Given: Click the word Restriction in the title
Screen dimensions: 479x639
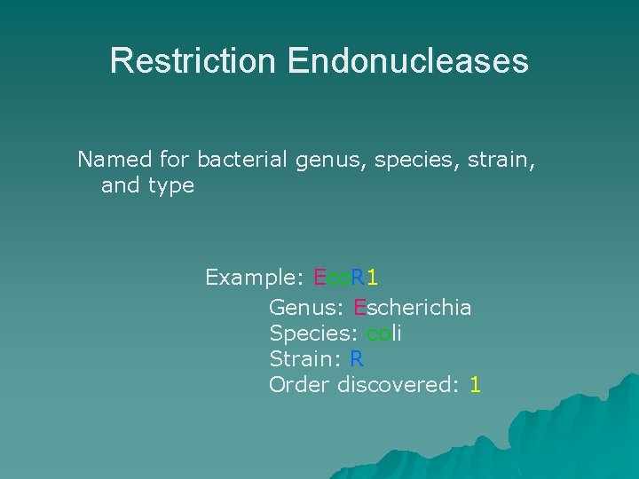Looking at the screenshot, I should coord(193,61).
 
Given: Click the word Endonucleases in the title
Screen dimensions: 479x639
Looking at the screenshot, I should coord(407,61).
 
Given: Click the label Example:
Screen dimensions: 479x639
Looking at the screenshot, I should coord(255,278).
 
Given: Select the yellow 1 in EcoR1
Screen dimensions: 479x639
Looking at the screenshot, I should coord(373,278).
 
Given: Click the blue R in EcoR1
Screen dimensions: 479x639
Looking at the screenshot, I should coord(357,278).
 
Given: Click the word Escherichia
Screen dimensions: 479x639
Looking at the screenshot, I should coord(413,308).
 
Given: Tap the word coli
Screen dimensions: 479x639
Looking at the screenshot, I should coord(384,334).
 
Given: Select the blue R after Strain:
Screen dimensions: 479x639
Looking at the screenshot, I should coord(357,359).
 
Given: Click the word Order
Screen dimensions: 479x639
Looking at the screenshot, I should coord(299,385).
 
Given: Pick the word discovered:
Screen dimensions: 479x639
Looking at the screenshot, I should coord(398,385).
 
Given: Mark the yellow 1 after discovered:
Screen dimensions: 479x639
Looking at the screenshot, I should coord(476,385).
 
